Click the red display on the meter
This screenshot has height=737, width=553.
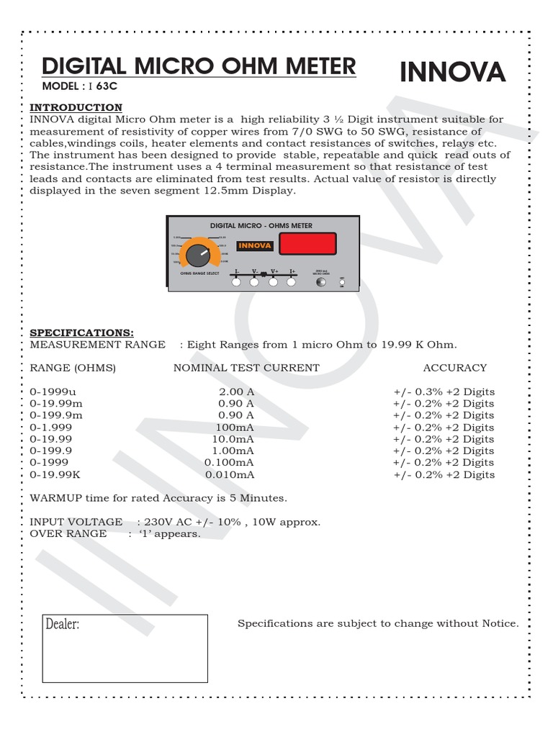(308, 243)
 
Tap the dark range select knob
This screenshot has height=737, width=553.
(196, 253)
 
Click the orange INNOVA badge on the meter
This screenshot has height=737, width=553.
(255, 245)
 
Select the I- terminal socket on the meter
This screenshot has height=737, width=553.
(236, 283)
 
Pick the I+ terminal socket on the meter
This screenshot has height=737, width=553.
(292, 283)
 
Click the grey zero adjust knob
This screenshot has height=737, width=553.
(321, 282)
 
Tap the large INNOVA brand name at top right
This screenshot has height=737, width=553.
(452, 72)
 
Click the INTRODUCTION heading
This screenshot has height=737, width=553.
(76, 107)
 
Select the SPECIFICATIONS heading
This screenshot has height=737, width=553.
(81, 333)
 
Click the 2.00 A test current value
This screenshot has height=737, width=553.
(236, 392)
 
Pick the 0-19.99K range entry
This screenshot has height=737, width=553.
(55, 474)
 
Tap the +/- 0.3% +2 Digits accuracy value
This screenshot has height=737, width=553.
(444, 392)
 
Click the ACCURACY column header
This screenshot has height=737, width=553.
(454, 367)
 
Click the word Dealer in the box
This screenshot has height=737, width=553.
(62, 624)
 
